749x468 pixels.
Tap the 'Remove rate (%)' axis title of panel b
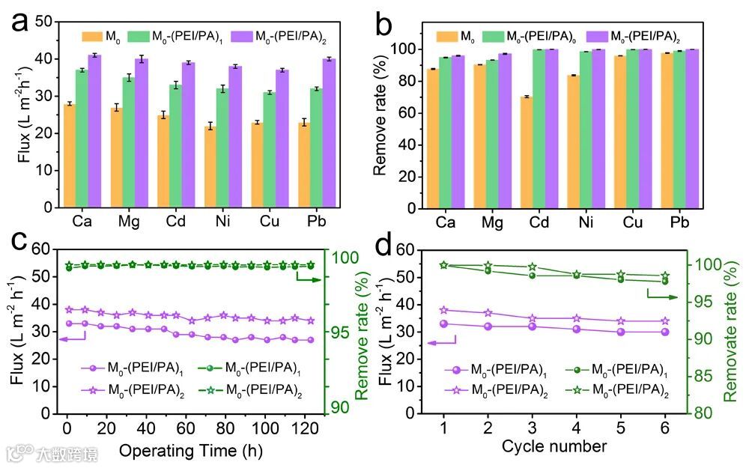pyautogui.click(x=381, y=117)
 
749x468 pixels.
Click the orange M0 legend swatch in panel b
pyautogui.click(x=447, y=35)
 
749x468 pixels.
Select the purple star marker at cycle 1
pyautogui.click(x=443, y=309)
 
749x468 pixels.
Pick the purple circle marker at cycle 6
pyautogui.click(x=665, y=332)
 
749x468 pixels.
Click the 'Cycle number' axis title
pyautogui.click(x=555, y=447)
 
